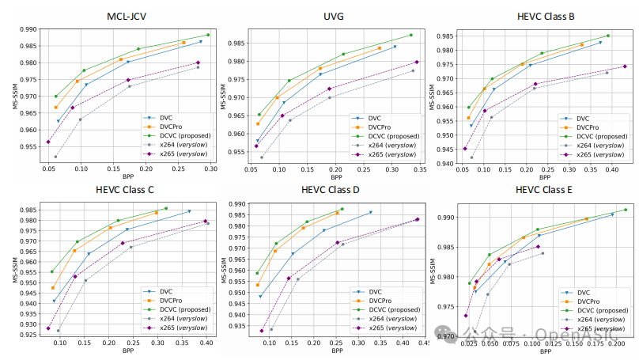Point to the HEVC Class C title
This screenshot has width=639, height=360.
pos(127,189)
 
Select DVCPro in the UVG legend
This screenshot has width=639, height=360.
pos(375,126)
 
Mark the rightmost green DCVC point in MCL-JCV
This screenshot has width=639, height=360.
pos(208,35)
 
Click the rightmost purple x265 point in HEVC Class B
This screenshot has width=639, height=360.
pos(624,66)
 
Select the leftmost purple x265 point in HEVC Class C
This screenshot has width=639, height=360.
pos(48,328)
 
